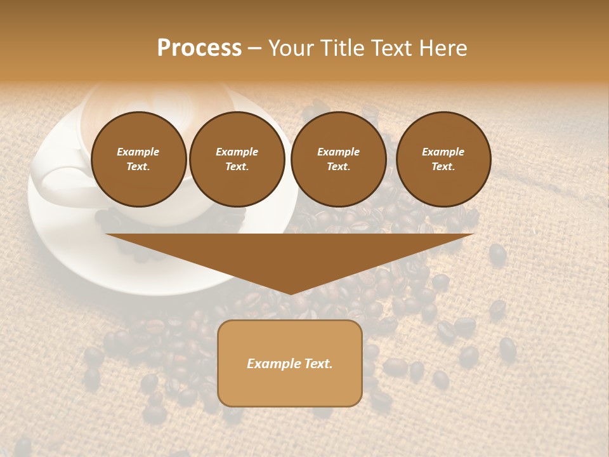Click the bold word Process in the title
pos(199,48)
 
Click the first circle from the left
pos(139,159)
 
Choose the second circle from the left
pos(237,159)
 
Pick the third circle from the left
pos(339,159)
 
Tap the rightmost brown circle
pos(443,159)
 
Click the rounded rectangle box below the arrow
pos(290,363)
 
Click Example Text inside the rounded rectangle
pos(290,364)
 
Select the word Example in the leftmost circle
pos(138,152)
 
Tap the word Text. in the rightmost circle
pos(443,167)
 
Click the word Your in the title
pos(289,48)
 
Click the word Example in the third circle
pos(338,152)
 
